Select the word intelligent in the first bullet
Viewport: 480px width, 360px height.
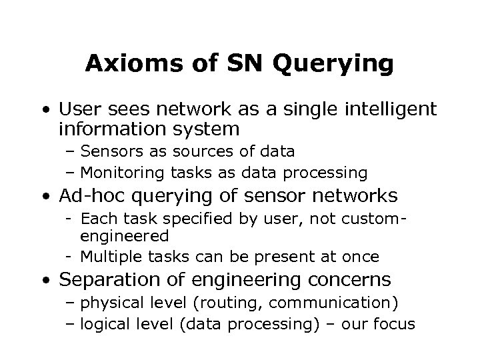tap(389, 108)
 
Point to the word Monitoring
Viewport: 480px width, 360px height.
tap(125, 173)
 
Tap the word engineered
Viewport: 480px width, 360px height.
tap(123, 235)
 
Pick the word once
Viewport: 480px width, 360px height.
tap(362, 257)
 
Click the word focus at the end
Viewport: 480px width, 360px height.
tap(395, 325)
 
